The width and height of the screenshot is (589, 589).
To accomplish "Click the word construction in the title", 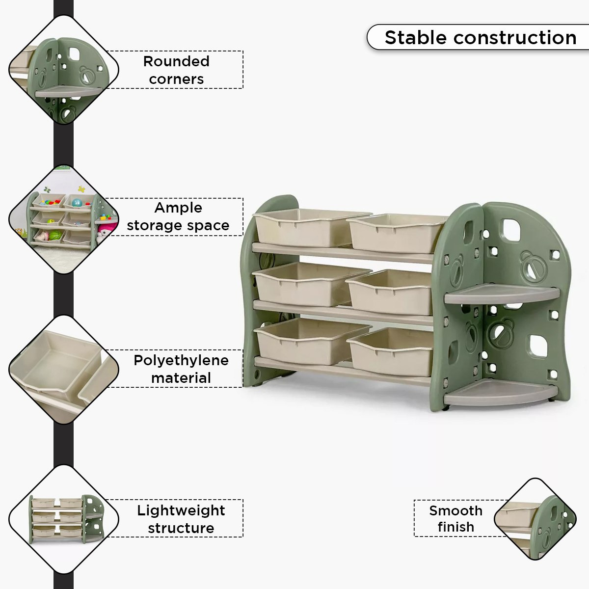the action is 515,38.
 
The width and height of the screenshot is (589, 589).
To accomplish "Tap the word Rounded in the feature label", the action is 176,61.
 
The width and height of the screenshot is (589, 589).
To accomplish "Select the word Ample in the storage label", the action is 178,208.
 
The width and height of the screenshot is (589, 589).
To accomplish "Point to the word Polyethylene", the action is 181,361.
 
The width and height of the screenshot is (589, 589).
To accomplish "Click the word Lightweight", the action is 181,511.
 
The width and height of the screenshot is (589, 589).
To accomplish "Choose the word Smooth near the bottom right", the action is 455,511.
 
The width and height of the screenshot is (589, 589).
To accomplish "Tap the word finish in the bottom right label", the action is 455,527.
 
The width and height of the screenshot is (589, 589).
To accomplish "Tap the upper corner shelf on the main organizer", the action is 501,294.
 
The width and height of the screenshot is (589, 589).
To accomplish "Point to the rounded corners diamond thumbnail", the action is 64,70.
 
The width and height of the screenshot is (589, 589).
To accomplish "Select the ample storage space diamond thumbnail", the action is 64,219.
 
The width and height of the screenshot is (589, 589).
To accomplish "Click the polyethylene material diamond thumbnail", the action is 64,369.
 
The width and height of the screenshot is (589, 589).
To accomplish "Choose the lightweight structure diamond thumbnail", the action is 64,519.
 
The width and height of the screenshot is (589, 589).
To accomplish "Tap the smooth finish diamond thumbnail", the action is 535,519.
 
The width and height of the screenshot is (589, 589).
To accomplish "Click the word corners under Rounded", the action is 176,80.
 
